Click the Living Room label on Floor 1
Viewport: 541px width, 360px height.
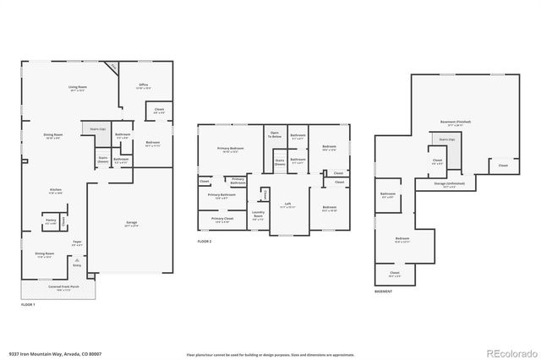79,87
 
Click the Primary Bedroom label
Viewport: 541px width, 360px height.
230,150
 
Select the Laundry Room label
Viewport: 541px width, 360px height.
258,214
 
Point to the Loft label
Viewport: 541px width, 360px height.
287,205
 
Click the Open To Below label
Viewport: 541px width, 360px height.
275,134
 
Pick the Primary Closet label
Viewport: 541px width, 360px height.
221,220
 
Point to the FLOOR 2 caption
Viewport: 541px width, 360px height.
205,242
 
